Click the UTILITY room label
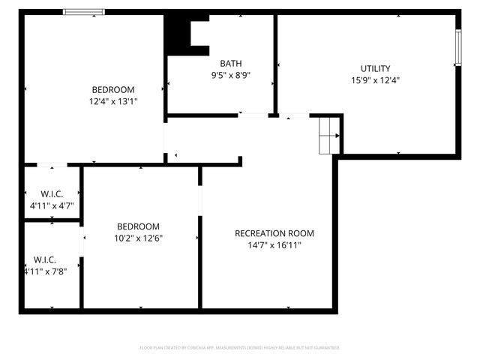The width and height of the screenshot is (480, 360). pos(375,68)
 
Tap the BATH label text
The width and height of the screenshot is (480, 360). pos(230,64)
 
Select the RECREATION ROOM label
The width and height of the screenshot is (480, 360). pos(274,232)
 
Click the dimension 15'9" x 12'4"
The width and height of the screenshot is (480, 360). pos(375,80)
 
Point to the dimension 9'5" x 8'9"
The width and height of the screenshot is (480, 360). pos(230,75)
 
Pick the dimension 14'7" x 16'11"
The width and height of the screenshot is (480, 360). pos(274,244)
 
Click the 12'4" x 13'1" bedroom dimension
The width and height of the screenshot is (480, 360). pos(113,100)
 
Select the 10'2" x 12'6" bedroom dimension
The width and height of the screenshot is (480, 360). pos(138,238)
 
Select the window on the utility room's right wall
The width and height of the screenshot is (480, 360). pos(457,49)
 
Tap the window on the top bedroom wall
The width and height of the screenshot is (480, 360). pos(83,12)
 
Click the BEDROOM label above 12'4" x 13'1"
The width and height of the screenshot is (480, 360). pos(113,88)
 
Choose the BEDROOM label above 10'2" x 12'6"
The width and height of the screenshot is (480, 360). pos(138,226)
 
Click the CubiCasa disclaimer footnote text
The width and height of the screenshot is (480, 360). pos(240,348)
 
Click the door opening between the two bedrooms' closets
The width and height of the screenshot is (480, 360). pos(80,241)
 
